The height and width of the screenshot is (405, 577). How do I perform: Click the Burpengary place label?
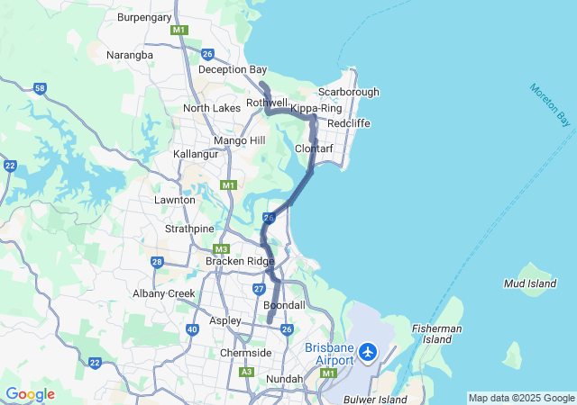pos(143,16)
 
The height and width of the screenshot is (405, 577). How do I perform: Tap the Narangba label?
pos(130,55)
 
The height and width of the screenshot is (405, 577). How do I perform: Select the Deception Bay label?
pos(233,69)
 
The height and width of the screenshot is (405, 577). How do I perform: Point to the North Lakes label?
pos(212,108)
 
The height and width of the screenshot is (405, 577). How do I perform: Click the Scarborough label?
pos(349,92)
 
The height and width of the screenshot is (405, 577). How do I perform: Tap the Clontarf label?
pos(316,148)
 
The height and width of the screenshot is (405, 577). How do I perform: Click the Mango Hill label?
pos(240,140)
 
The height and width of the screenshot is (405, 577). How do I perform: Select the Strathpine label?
pos(188,229)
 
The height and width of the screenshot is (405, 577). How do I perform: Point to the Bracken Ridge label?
pos(240,261)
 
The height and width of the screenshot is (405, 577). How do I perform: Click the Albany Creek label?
pos(164,293)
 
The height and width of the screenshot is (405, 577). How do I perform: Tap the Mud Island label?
pos(527,283)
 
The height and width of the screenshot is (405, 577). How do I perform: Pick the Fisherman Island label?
pos(437,334)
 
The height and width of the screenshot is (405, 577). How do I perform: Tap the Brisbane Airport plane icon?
pos(368,352)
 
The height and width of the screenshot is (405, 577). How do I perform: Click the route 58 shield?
pos(40,88)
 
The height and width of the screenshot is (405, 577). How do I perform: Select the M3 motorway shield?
pos(221,249)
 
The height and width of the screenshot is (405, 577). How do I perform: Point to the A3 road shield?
pos(246,372)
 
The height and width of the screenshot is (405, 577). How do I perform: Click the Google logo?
pos(30,394)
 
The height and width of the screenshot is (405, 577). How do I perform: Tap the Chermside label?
pos(246,353)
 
